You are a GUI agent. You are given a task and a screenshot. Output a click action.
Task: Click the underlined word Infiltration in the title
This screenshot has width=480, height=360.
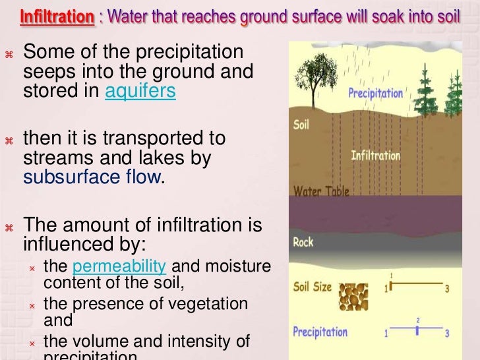tap(57, 16)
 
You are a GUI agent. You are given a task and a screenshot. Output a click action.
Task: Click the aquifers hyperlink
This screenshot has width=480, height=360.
tap(140, 91)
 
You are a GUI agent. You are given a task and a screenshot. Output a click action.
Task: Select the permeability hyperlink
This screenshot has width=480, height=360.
tap(119, 266)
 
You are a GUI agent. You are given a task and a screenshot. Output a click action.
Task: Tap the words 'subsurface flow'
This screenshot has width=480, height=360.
tap(92, 177)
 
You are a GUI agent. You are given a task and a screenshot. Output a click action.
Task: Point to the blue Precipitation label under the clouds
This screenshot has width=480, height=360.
tap(375, 93)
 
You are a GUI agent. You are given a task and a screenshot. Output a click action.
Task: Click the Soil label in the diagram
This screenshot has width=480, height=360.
tap(301, 123)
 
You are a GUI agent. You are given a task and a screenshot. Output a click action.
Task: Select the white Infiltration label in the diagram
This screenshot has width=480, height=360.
tap(375, 156)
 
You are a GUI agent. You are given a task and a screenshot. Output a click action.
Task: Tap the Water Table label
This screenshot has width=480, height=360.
tap(321, 192)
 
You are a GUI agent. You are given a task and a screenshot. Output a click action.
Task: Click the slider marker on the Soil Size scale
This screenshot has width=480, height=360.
tap(390, 285)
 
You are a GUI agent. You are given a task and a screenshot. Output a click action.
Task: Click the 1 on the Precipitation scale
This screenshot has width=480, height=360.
tap(386, 334)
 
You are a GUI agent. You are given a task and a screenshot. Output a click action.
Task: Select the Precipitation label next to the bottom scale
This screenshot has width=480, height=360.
tap(320, 331)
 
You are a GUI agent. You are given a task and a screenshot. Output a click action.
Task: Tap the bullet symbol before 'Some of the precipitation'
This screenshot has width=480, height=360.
tap(9, 53)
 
